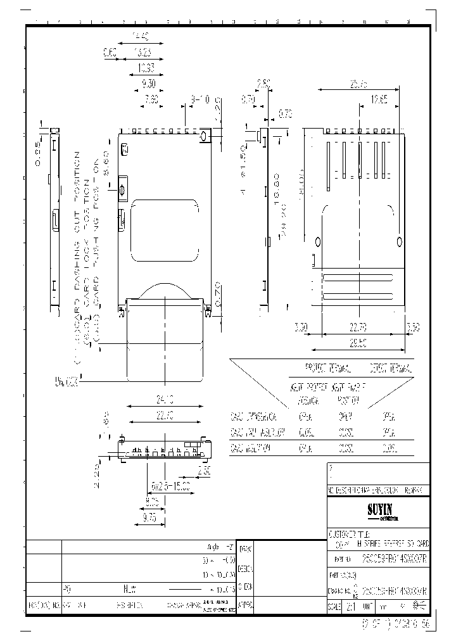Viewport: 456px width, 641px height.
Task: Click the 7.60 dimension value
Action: point(151,99)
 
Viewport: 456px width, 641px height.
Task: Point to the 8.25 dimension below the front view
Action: point(151,500)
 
